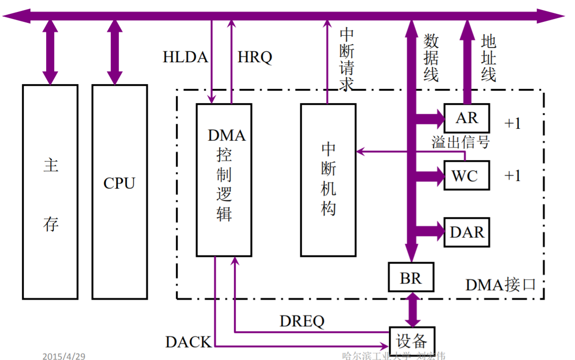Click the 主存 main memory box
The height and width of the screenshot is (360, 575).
(x=50, y=191)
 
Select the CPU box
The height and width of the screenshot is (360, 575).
(x=119, y=191)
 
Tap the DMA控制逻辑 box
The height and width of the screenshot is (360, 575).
(x=224, y=180)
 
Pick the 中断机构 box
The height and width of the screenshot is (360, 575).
(x=328, y=180)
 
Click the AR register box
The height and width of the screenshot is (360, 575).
(x=467, y=118)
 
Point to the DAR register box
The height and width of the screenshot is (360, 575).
(x=467, y=232)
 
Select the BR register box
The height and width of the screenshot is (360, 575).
(x=411, y=277)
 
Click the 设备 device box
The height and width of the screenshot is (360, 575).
(x=412, y=341)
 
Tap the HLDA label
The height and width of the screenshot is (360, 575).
(x=185, y=57)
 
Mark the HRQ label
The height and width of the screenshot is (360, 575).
(x=255, y=57)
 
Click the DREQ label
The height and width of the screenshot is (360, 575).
(x=302, y=322)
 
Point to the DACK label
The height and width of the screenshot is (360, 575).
(x=188, y=341)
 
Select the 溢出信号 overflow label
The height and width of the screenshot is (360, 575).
(x=460, y=142)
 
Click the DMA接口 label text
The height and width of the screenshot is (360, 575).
(x=500, y=284)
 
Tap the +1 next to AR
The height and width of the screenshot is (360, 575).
(x=513, y=123)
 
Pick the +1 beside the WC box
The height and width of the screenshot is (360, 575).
(x=513, y=176)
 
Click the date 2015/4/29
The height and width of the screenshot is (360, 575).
(x=64, y=356)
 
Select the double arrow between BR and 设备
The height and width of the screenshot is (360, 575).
(x=412, y=309)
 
